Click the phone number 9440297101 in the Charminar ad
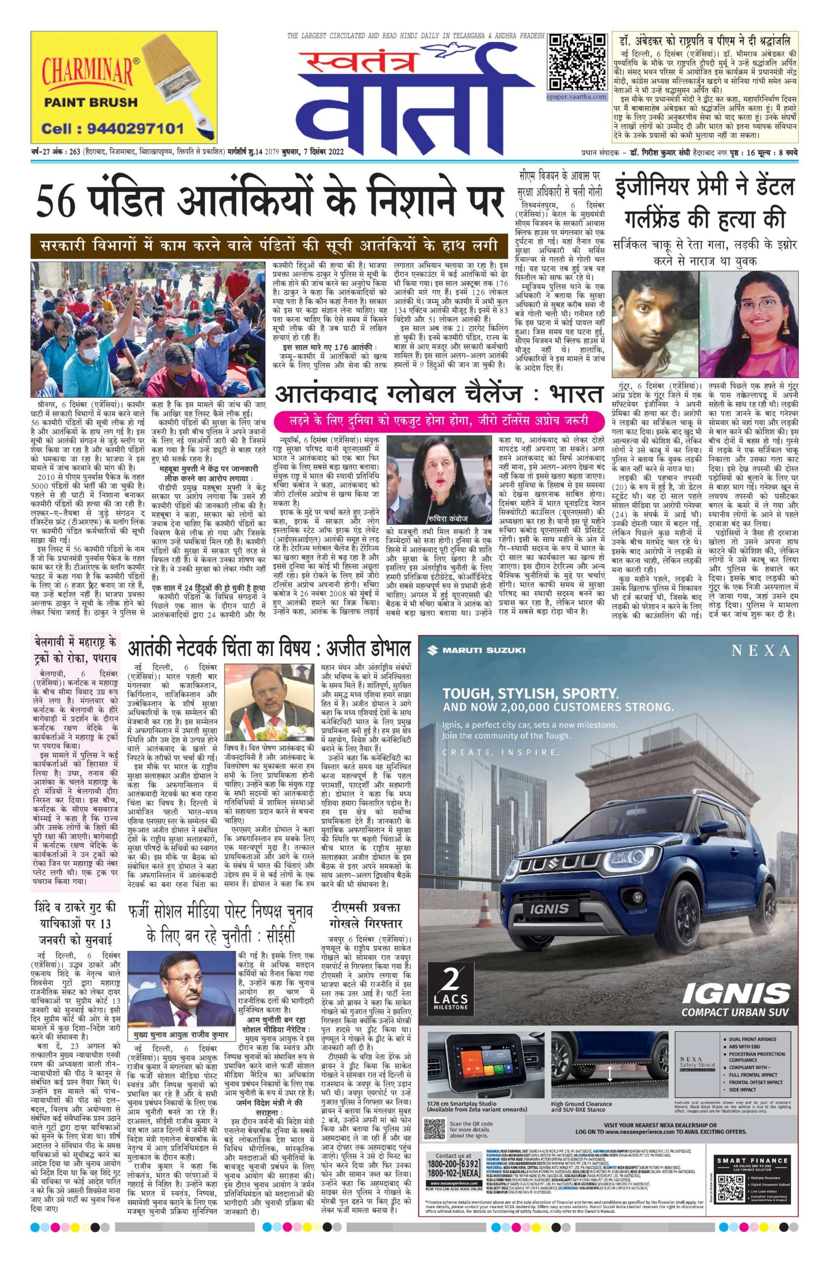pos(112,128)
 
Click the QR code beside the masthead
pos(577,62)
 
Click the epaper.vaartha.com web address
pos(577,97)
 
